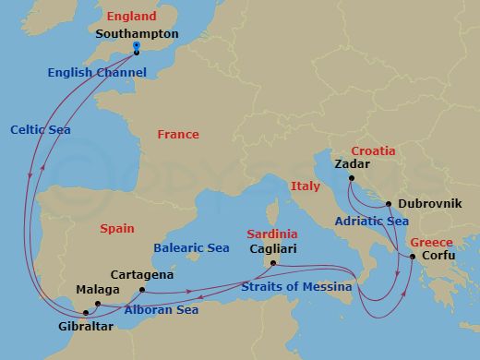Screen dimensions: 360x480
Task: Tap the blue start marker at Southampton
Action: [136, 45]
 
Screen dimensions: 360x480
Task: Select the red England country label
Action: [130, 17]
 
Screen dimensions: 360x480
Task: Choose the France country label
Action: [177, 135]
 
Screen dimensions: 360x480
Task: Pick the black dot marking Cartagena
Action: [141, 290]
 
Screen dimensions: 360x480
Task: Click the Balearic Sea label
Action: [192, 248]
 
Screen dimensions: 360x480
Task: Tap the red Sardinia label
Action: [271, 234]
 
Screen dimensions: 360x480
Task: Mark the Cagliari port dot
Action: [273, 265]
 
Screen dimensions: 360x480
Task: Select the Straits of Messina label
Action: [295, 287]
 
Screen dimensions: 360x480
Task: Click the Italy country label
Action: [305, 186]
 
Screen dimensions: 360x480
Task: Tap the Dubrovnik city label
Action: [429, 203]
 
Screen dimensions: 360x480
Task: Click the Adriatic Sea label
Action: [373, 222]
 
